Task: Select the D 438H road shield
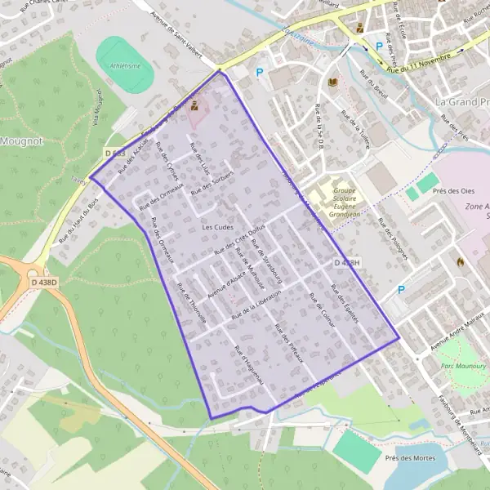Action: tap(346, 263)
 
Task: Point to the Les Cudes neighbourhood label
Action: tap(217, 226)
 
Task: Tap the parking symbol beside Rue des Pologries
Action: tap(401, 290)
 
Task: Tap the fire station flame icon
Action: tap(461, 262)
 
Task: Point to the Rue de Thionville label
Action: tap(192, 302)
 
